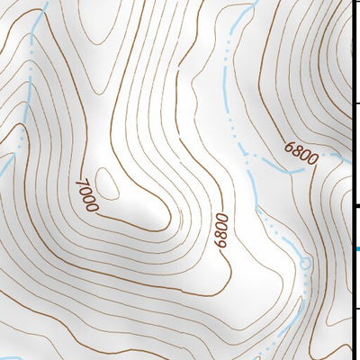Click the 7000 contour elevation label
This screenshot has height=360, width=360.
click(86, 195)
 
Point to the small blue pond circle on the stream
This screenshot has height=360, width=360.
click(305, 263)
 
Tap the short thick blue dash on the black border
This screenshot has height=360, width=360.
click(357, 248)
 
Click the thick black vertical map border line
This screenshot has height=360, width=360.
click(352, 135)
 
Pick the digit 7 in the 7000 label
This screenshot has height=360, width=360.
click(81, 184)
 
